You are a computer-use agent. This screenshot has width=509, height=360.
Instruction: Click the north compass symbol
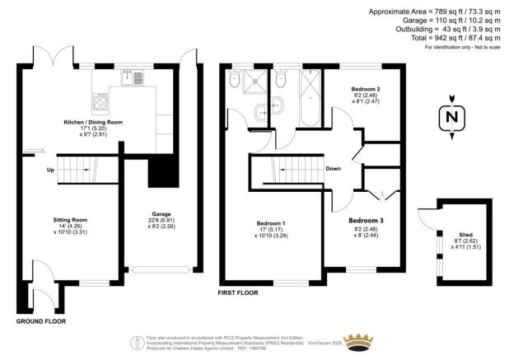pyautogui.click(x=450, y=118)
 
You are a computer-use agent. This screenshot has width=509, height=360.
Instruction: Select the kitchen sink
pyautogui.click(x=133, y=79)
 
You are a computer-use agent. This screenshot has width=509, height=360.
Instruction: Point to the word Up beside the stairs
pyautogui.click(x=50, y=171)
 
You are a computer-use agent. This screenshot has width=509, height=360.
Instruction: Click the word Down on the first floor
pyautogui.click(x=334, y=169)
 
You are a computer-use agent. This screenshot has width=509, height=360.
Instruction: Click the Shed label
pyautogui.click(x=466, y=233)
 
